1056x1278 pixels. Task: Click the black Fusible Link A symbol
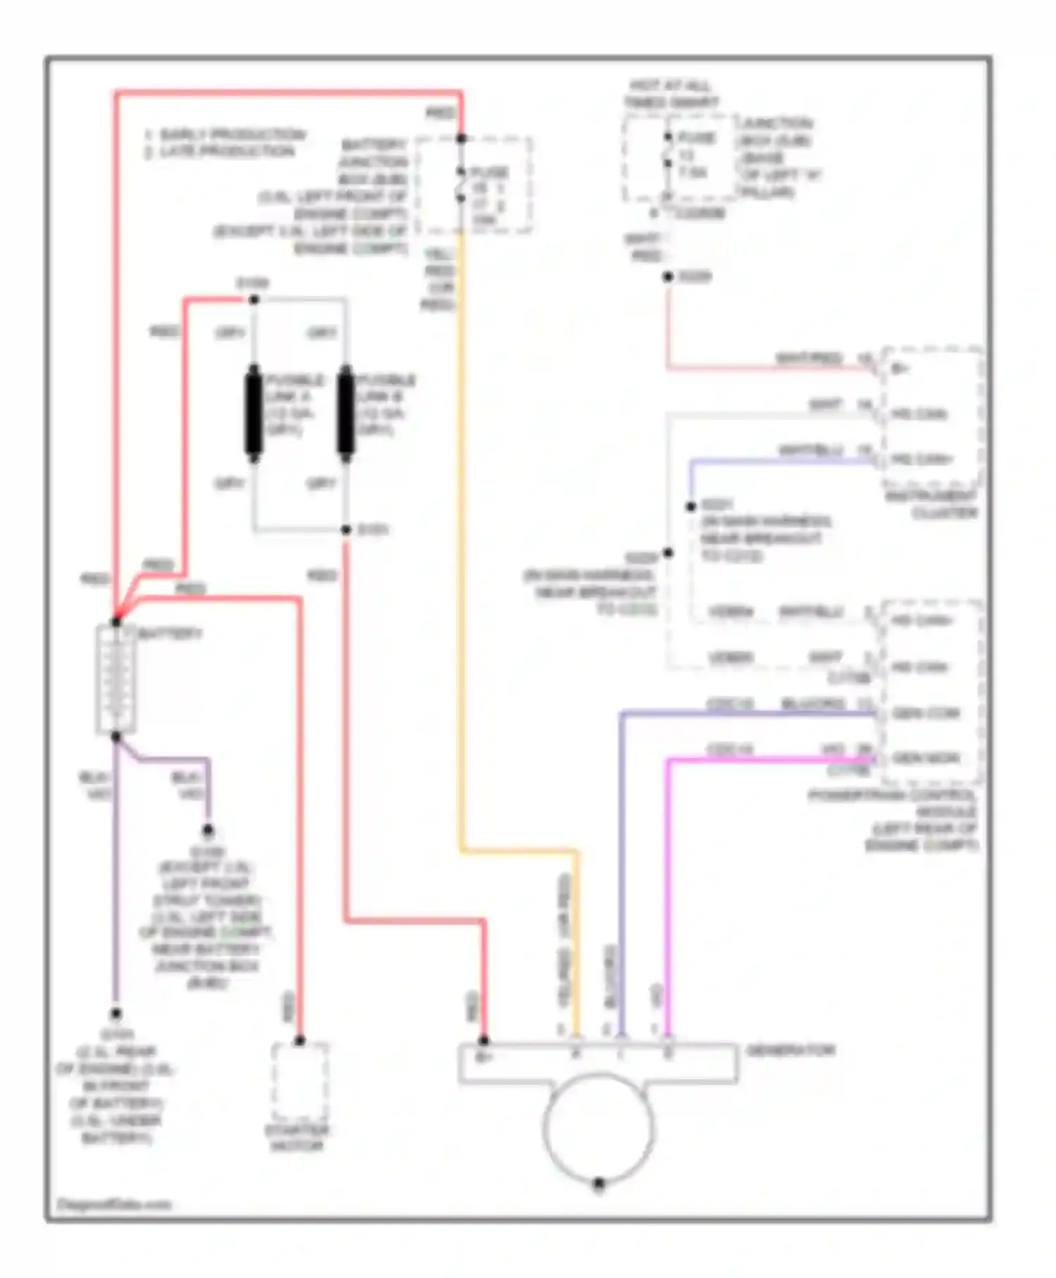point(253,413)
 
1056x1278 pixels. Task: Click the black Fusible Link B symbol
point(345,413)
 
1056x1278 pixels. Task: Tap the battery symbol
point(115,679)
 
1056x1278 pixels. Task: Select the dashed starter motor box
point(299,1081)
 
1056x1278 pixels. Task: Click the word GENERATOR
point(790,1050)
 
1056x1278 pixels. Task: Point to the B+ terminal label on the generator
point(484,1056)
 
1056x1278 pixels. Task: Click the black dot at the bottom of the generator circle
point(598,1184)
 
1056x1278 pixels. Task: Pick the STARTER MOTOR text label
point(296,1139)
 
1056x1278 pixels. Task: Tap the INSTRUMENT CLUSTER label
point(931,504)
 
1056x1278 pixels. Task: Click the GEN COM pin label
point(925,714)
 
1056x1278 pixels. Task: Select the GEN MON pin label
point(925,759)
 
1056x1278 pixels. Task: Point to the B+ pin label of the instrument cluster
point(900,368)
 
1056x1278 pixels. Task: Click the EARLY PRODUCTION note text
point(225,134)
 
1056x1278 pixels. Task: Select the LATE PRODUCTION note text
point(220,151)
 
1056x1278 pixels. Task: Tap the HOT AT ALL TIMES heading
point(670,94)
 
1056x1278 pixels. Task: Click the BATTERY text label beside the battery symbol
point(170,634)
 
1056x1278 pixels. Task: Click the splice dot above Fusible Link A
point(254,299)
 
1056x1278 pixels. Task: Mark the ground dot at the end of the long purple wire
point(115,1014)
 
